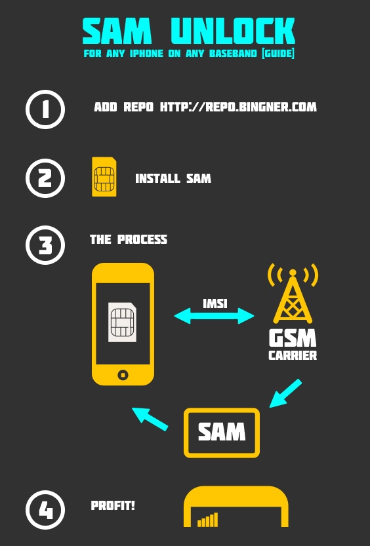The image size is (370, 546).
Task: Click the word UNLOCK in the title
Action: point(233,31)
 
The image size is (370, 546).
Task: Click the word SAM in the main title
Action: point(117,31)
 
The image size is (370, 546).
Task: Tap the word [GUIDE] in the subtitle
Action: point(278,53)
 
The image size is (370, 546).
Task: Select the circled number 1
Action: point(45,109)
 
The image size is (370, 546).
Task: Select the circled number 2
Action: point(45,178)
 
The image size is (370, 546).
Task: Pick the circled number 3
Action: point(45,245)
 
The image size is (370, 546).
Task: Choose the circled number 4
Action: point(45,510)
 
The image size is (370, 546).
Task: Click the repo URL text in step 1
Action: point(238,107)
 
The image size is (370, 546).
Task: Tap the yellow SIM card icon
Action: point(104,176)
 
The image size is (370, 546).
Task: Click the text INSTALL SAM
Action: point(173,178)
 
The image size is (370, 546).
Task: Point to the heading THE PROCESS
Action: point(129,239)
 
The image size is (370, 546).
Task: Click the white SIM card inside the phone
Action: point(122,322)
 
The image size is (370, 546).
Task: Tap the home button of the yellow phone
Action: point(123,375)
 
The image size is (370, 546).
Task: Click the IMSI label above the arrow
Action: point(215,303)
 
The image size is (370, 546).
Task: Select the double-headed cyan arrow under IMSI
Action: point(214,316)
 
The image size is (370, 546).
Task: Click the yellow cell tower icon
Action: point(293,293)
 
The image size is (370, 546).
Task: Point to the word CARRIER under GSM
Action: point(293,355)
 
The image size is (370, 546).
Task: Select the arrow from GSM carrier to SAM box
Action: point(285,393)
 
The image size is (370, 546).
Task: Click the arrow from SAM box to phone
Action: point(150,419)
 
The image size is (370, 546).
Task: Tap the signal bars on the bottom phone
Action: point(208,520)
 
